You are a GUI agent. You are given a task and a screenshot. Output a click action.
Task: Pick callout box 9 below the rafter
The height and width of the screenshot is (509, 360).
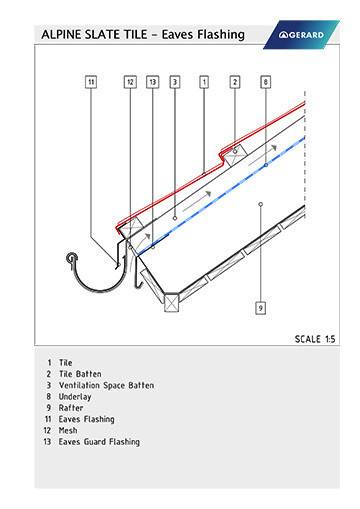pyautogui.click(x=260, y=307)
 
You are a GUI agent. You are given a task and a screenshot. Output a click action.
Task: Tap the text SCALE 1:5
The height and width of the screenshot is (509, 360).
pyautogui.click(x=314, y=339)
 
